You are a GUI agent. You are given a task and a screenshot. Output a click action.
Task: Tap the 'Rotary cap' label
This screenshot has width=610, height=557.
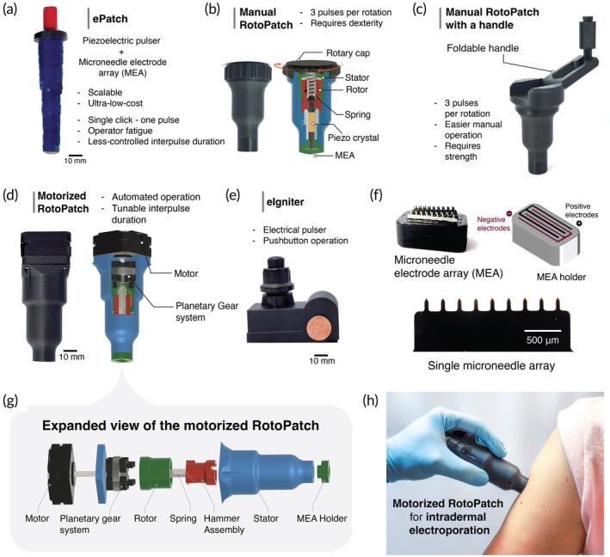click(348, 52)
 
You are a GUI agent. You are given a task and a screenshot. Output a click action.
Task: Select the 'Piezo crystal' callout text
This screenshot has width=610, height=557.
click(353, 138)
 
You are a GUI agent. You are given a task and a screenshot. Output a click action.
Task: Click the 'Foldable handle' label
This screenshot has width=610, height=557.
click(483, 48)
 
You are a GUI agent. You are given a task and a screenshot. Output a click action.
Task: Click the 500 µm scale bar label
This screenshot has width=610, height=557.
click(542, 340)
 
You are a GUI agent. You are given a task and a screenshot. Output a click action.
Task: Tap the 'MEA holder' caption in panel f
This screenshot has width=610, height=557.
click(561, 277)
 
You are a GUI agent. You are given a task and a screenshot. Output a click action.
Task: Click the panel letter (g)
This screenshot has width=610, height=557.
click(10, 400)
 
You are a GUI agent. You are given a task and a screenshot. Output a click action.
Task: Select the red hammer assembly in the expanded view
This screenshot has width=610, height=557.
click(200, 472)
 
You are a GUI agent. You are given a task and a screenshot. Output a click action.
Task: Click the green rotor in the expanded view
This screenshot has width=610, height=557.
click(155, 473)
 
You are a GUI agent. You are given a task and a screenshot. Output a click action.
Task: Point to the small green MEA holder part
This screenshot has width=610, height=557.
click(323, 470)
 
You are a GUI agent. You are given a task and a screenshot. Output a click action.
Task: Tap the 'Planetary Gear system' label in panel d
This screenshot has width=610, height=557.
click(207, 312)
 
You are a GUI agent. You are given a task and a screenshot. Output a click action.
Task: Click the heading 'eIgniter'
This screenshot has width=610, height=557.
click(286, 202)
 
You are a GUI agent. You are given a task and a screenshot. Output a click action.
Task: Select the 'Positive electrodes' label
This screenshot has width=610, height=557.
click(582, 211)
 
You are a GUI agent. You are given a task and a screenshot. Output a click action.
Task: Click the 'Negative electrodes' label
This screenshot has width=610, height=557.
click(493, 223)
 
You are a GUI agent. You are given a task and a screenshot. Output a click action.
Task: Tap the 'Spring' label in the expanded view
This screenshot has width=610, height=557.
click(183, 518)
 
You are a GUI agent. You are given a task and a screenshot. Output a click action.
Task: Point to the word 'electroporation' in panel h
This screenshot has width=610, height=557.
click(449, 530)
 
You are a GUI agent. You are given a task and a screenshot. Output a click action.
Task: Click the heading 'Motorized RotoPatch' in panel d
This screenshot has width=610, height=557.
click(63, 202)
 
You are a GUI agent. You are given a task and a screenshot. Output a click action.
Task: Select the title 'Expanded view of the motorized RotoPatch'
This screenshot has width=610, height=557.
click(181, 425)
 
